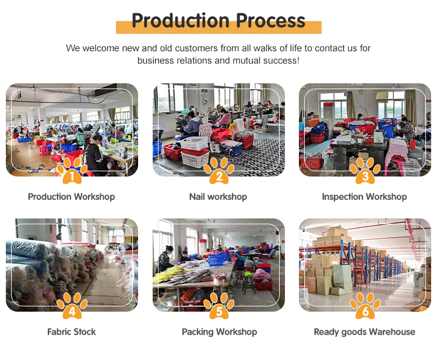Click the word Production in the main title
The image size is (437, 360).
click(180, 20)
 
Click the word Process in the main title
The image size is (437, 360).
click(270, 20)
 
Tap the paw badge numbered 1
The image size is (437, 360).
click(72, 171)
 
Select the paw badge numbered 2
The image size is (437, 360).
click(218, 171)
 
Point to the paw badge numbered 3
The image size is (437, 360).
click(365, 171)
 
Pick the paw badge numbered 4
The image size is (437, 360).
click(72, 306)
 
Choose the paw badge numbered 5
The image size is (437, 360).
click(218, 306)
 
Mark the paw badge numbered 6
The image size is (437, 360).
click(365, 306)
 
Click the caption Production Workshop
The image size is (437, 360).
click(71, 197)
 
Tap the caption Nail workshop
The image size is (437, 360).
click(218, 197)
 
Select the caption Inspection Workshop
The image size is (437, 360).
click(365, 197)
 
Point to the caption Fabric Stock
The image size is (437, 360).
click(71, 332)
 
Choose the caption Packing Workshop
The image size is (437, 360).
click(219, 332)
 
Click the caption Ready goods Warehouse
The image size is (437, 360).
click(365, 332)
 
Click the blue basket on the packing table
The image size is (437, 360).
click(219, 259)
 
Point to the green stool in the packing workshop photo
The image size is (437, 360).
click(248, 274)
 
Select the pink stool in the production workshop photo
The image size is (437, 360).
click(44, 150)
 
